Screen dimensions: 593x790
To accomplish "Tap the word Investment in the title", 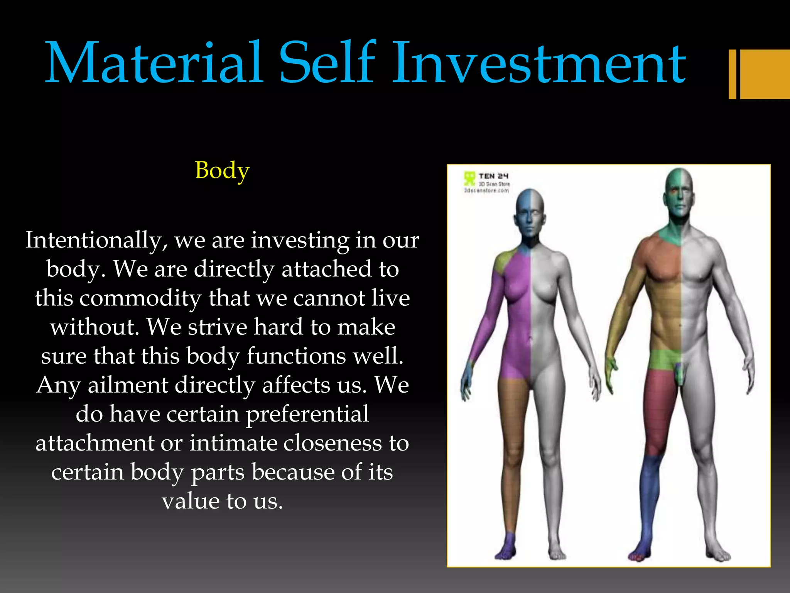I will tap(538, 63).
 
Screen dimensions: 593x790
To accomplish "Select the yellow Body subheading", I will tap(222, 170).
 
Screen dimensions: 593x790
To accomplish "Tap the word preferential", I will tap(307, 414).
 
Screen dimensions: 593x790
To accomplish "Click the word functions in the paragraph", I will tap(297, 356).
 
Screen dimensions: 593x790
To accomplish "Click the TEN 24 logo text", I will tap(493, 176).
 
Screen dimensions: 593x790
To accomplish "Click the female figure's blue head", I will tap(525, 208).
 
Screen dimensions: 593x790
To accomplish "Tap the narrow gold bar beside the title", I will tap(732, 74).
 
